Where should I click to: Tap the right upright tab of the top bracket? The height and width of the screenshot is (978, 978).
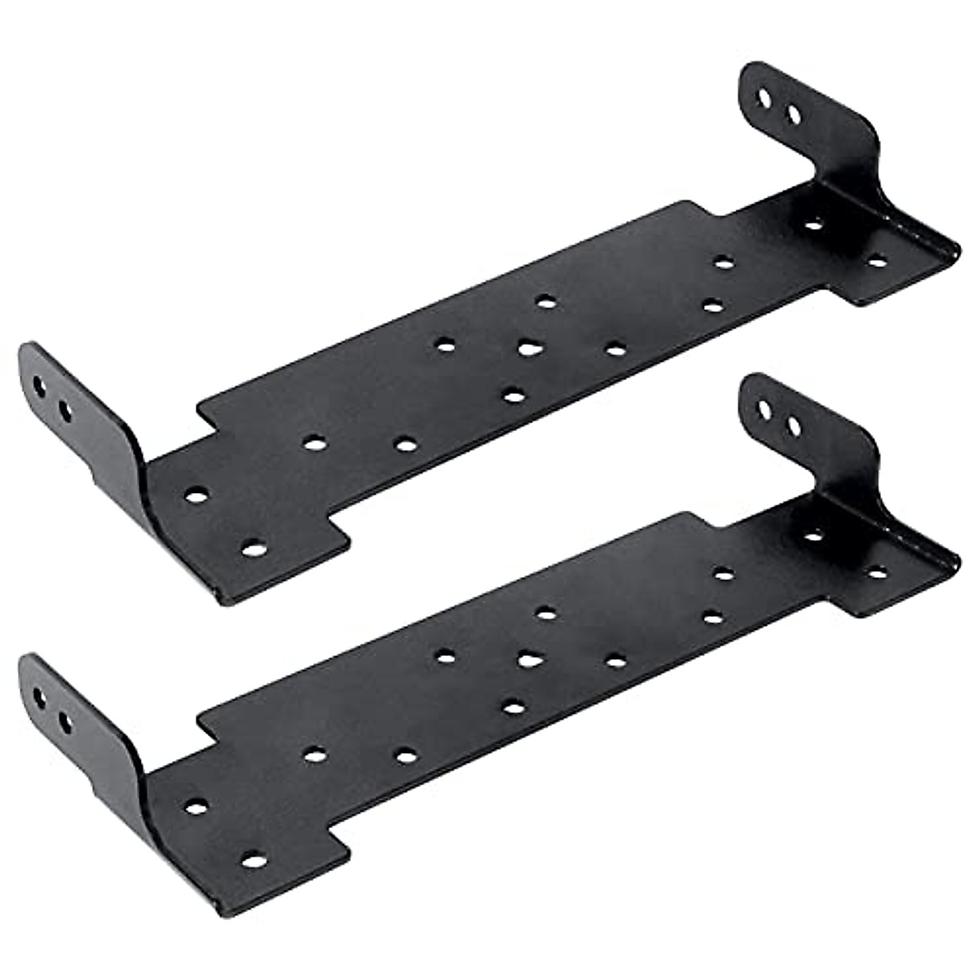[x=807, y=122]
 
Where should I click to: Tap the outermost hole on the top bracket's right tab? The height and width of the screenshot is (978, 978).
[x=764, y=99]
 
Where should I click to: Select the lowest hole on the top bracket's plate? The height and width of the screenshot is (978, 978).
[x=254, y=548]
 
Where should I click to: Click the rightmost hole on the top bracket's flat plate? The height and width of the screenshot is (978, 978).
[x=877, y=262]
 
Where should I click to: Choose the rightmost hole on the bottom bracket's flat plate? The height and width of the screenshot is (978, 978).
[x=877, y=572]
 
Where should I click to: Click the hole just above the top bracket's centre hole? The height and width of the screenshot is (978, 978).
[x=546, y=302]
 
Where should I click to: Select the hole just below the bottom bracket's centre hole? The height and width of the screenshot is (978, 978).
[x=512, y=707]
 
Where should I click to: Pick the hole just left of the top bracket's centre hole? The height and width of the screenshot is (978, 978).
[x=445, y=345]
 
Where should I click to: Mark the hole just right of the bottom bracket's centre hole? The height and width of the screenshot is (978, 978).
[x=615, y=659]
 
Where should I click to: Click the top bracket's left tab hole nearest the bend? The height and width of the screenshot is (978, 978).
[x=65, y=408]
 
